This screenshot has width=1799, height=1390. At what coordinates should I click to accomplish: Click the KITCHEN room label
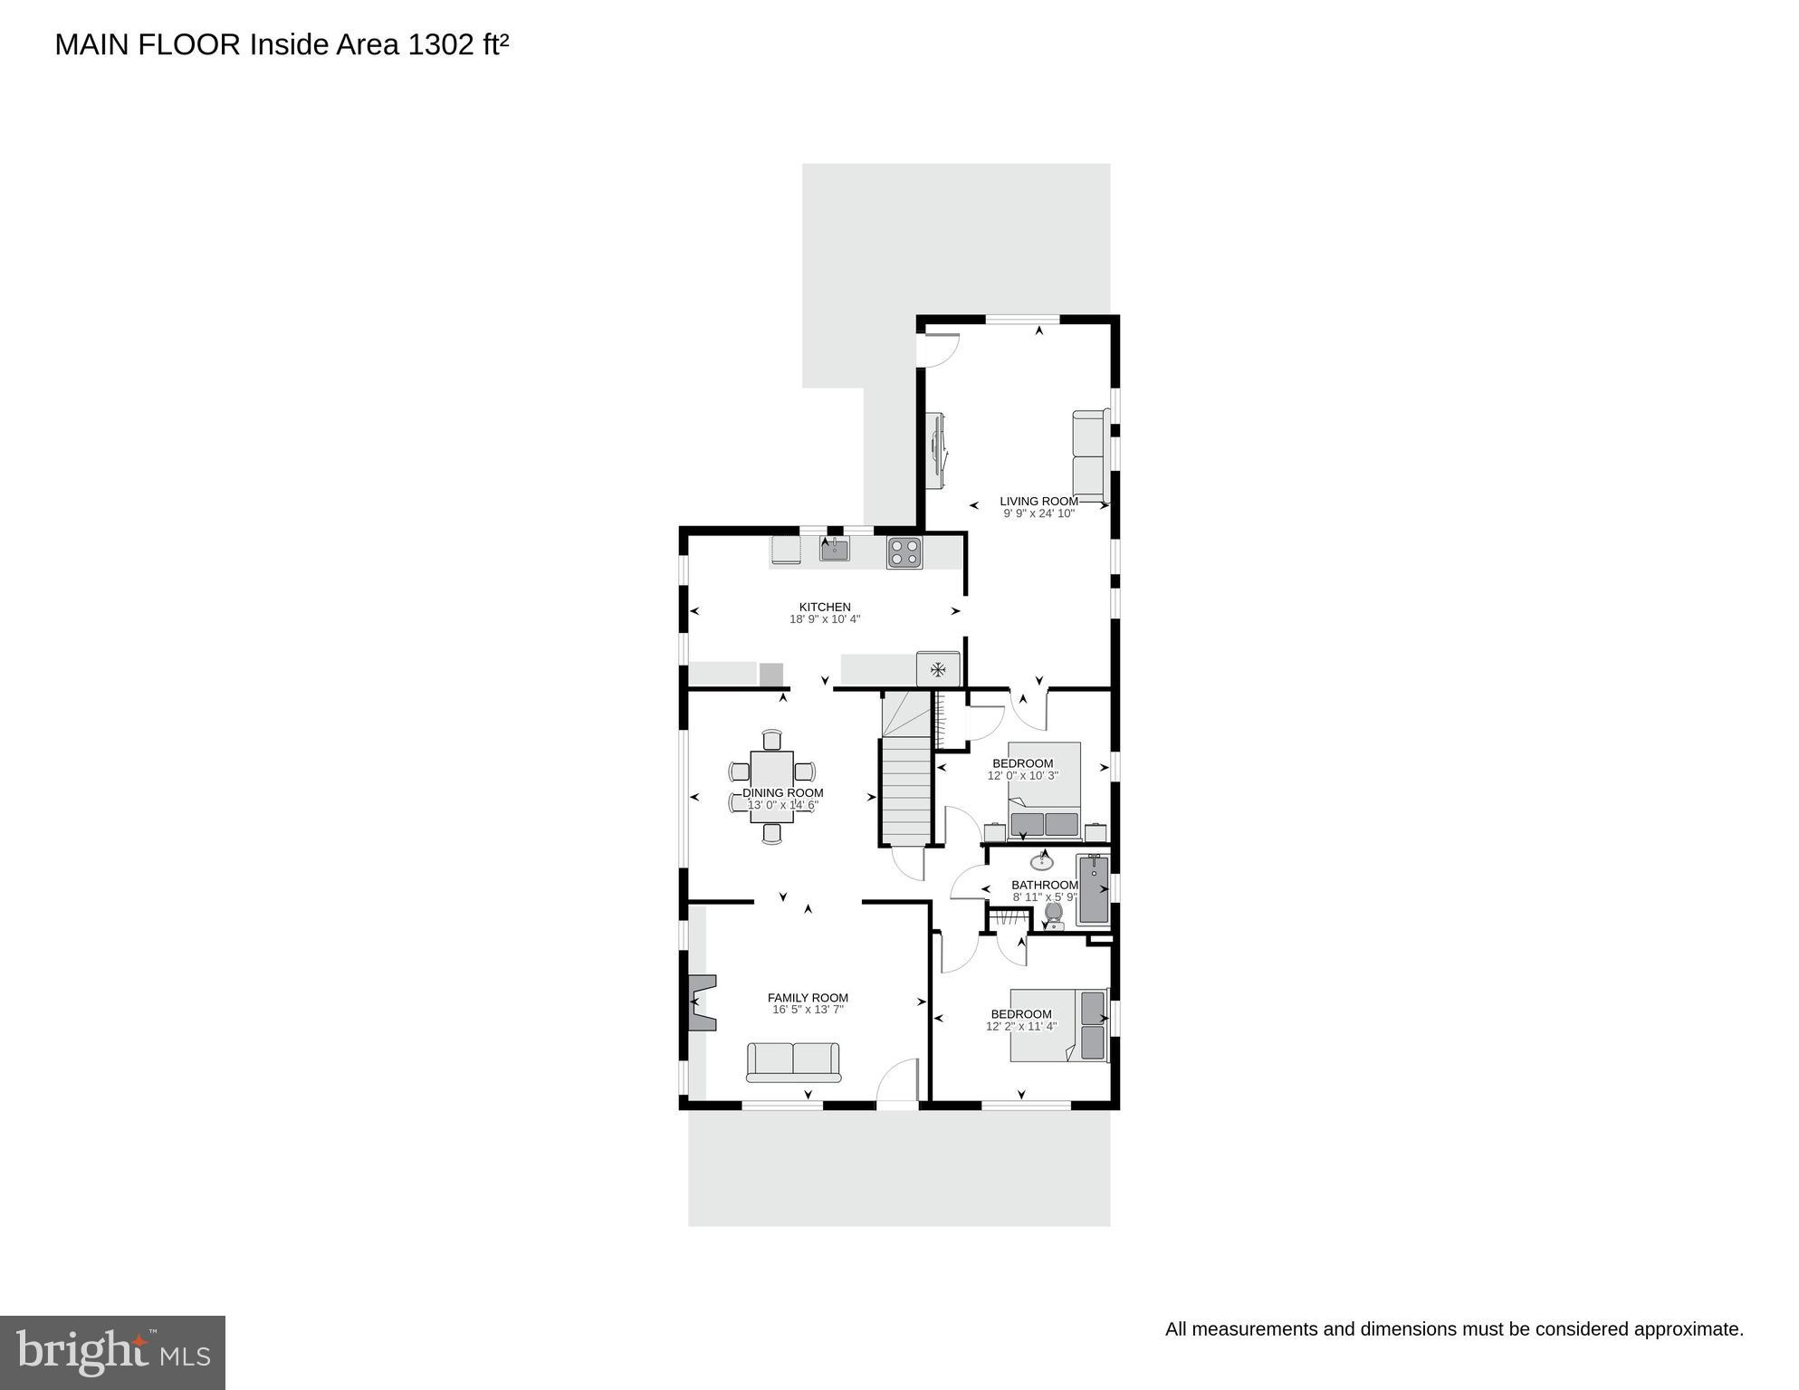click(x=824, y=607)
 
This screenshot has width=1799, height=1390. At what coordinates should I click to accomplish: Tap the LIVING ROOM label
click(x=1038, y=501)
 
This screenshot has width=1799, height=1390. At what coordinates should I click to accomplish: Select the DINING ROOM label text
click(x=782, y=792)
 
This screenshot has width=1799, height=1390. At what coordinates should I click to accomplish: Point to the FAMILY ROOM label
click(x=808, y=998)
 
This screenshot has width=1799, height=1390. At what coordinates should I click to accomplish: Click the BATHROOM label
click(x=1044, y=885)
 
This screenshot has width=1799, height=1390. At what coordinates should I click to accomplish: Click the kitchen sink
click(x=834, y=548)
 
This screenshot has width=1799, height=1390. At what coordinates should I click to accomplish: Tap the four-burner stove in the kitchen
click(x=904, y=552)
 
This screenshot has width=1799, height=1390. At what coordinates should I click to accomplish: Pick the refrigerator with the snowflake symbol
click(x=938, y=669)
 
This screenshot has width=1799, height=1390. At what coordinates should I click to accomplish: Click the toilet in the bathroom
click(x=1053, y=915)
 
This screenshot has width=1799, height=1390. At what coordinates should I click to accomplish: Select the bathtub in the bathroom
click(x=1093, y=889)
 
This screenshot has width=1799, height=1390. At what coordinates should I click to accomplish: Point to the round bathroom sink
click(x=1042, y=861)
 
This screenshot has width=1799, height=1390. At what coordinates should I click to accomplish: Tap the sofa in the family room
click(x=793, y=1061)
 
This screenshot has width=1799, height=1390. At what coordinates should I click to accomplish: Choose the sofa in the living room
click(x=1090, y=455)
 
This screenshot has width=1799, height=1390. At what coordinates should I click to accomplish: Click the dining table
click(x=771, y=786)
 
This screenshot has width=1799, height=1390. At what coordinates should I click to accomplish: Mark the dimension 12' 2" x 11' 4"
click(x=1020, y=1027)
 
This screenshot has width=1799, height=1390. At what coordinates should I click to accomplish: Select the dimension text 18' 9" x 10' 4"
click(x=824, y=619)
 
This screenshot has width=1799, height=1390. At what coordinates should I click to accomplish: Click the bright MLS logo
click(x=112, y=1352)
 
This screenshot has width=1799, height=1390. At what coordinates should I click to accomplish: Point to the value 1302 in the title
click(x=441, y=44)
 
